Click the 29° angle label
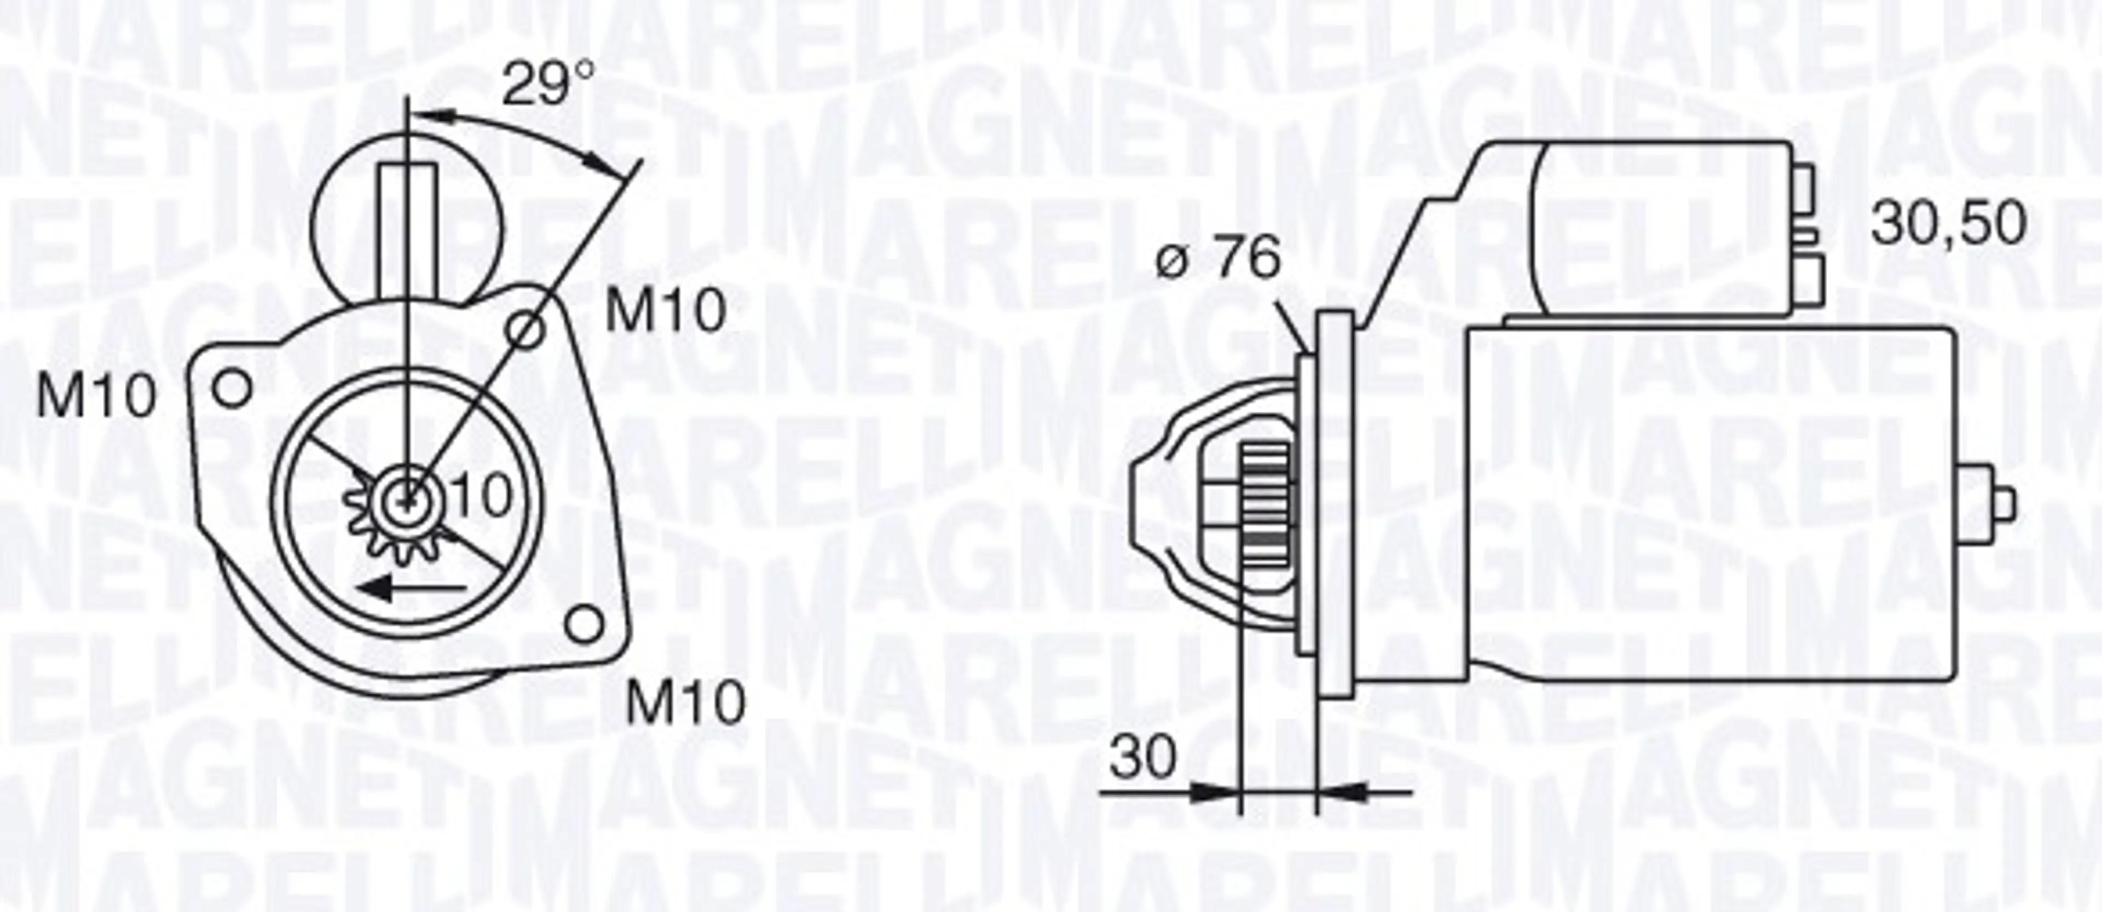coord(547,84)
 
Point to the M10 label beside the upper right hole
coord(665,310)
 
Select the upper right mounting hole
coord(525,330)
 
